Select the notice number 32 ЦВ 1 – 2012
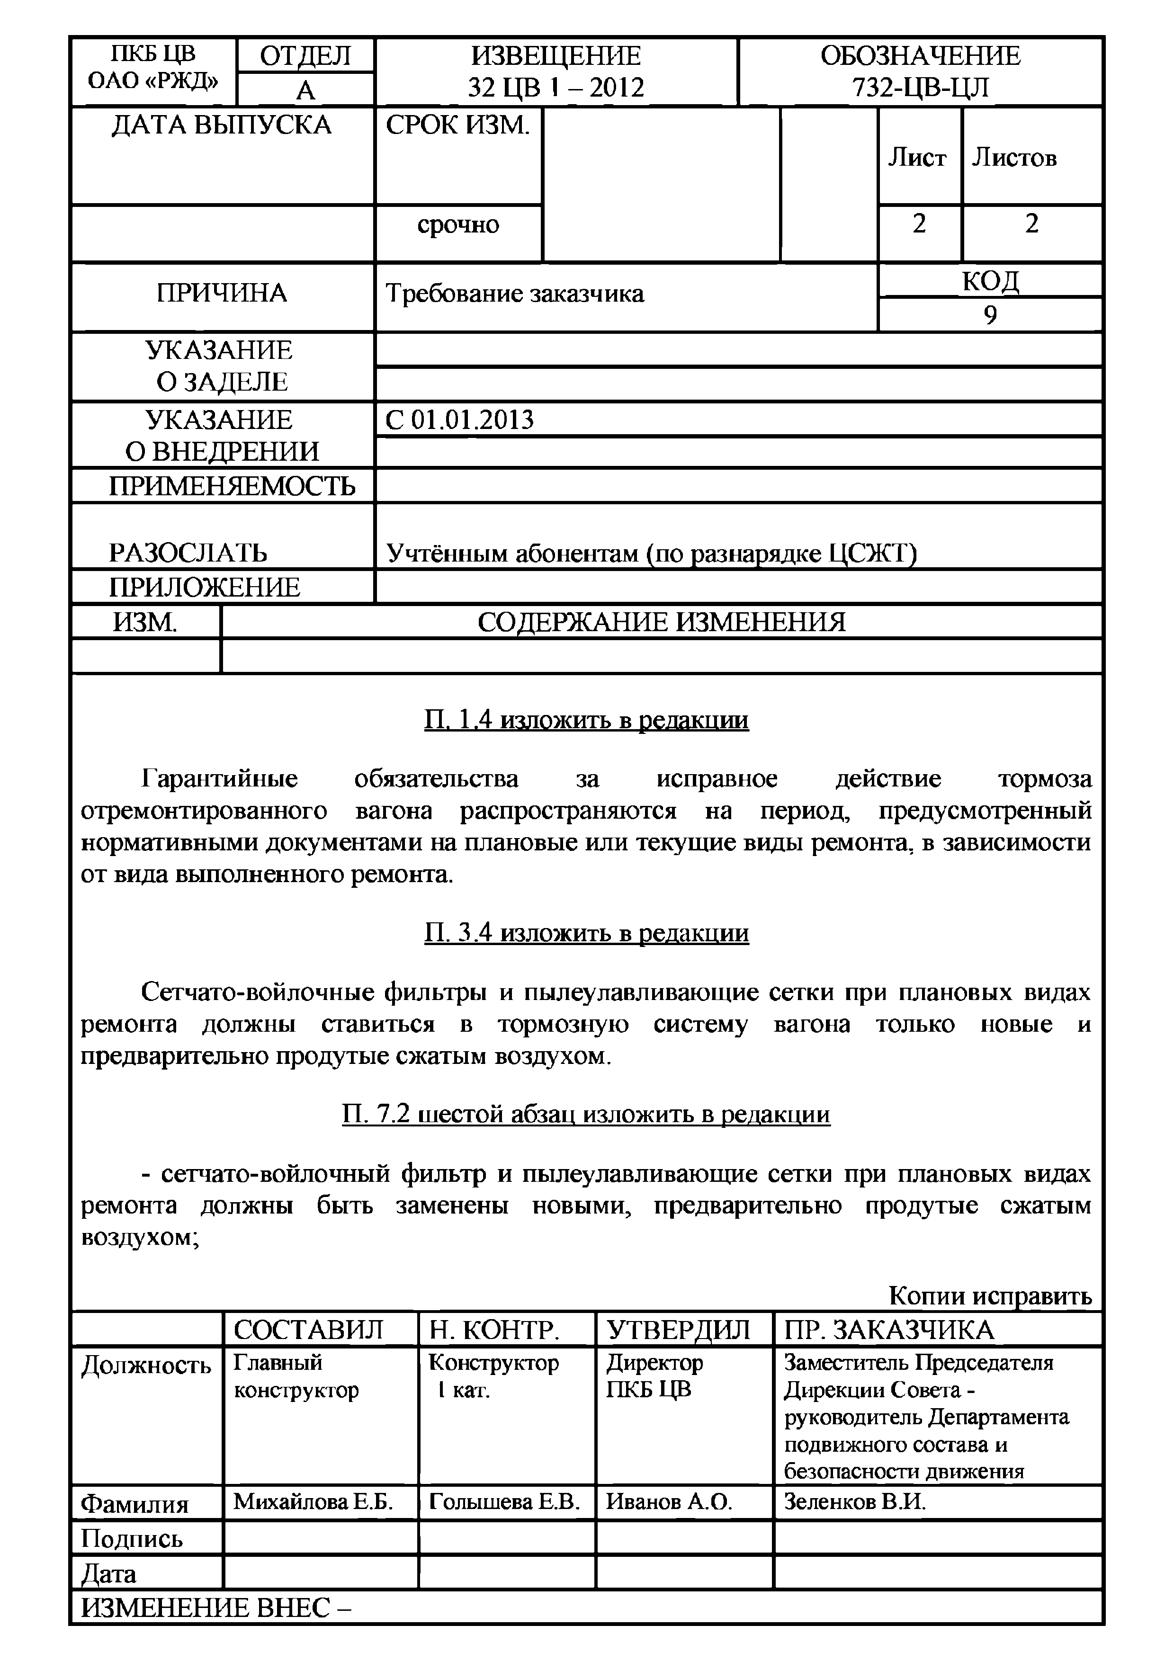(x=556, y=88)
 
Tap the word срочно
(x=458, y=225)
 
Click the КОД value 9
(x=990, y=315)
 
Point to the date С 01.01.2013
(x=459, y=420)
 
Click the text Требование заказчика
(x=514, y=294)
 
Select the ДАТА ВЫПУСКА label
(x=221, y=125)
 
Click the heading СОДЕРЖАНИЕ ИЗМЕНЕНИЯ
(x=661, y=622)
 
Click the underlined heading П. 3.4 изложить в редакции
(x=586, y=933)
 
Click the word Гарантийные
(x=219, y=779)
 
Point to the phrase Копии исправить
(x=990, y=1295)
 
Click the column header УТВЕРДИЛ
(x=678, y=1330)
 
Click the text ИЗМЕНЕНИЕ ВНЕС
(x=215, y=1607)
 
